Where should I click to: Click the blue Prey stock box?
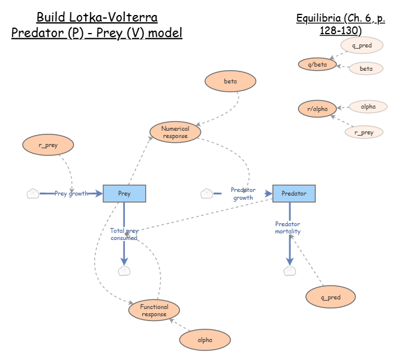pyautogui.click(x=124, y=193)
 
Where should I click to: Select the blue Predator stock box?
pyautogui.click(x=293, y=193)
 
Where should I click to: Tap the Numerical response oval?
pyautogui.click(x=175, y=132)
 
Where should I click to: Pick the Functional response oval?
pyautogui.click(x=154, y=310)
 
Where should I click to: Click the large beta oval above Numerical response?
pyautogui.click(x=230, y=81)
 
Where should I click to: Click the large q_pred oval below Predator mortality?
pyautogui.click(x=331, y=297)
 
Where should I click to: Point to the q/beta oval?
pyautogui.click(x=317, y=64)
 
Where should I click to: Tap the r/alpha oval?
pyautogui.click(x=317, y=109)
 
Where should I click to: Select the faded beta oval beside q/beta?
pyautogui.click(x=366, y=69)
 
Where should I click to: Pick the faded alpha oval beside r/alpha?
pyautogui.click(x=368, y=107)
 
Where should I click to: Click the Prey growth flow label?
pyautogui.click(x=71, y=193)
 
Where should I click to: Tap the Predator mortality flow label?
pyautogui.click(x=288, y=228)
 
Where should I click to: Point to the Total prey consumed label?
pyautogui.click(x=124, y=234)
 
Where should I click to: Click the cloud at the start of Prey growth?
pyautogui.click(x=33, y=193)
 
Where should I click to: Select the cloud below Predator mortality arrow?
pyautogui.click(x=290, y=271)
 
